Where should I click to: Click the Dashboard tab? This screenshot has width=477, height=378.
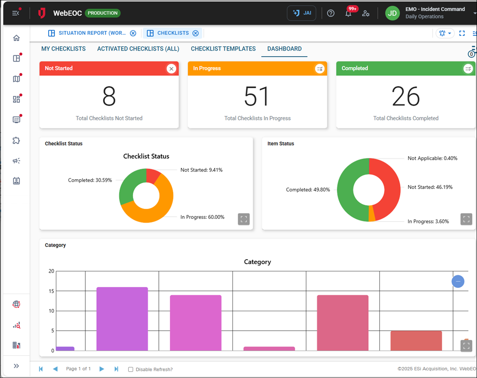click(284, 49)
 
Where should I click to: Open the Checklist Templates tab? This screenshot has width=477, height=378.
click(223, 49)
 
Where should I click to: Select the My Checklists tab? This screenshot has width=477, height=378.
click(63, 49)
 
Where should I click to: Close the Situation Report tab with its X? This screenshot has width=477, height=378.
click(133, 33)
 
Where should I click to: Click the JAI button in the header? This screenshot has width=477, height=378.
click(301, 13)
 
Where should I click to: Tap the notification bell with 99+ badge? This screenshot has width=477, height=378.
click(348, 13)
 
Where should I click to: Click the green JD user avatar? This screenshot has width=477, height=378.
click(392, 13)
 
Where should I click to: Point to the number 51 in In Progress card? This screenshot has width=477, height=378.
click(257, 97)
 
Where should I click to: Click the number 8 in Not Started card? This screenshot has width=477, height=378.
click(109, 97)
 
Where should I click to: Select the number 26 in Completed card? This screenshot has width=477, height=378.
click(405, 97)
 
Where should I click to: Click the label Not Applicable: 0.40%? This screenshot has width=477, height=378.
click(432, 158)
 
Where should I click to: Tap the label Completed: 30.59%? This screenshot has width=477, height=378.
click(90, 180)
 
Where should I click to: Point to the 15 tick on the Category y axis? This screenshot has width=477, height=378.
click(51, 291)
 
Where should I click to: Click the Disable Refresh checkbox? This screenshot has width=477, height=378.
click(131, 369)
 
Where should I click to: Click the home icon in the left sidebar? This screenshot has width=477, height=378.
click(17, 38)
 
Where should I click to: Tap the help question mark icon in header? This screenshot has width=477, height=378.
click(331, 13)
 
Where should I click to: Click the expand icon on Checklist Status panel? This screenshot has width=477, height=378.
click(244, 219)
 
